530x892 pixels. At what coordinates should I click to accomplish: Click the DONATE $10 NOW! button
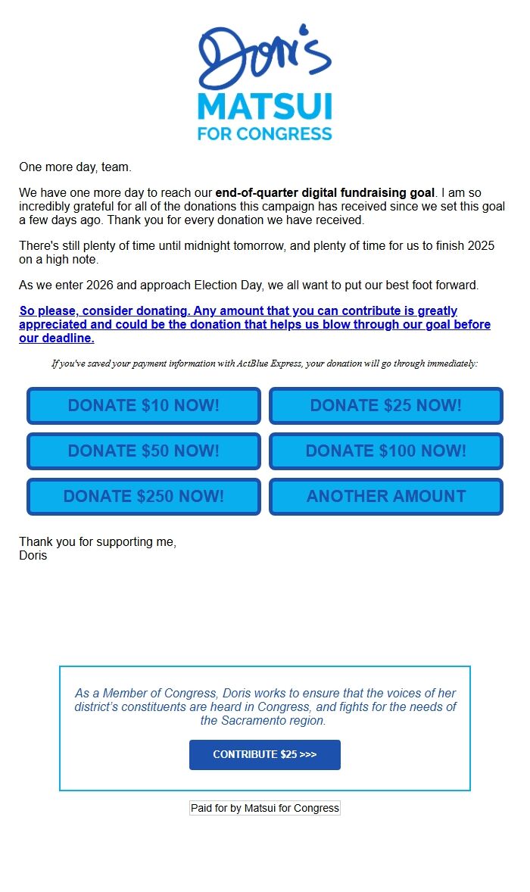(144, 406)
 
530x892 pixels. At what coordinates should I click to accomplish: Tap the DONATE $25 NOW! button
(386, 406)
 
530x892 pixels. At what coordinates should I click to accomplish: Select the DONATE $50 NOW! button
(144, 451)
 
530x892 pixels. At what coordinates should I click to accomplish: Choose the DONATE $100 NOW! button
(386, 451)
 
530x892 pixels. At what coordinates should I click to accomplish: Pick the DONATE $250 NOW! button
(144, 497)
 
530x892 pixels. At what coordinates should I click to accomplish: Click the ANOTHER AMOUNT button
(386, 497)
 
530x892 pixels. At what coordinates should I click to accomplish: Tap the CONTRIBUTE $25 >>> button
(265, 755)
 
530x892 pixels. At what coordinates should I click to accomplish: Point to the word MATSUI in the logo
(265, 107)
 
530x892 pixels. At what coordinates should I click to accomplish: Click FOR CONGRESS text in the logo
(265, 134)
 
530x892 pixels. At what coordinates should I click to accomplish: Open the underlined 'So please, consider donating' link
(254, 324)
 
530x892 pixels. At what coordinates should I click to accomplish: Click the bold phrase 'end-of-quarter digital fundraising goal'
(325, 193)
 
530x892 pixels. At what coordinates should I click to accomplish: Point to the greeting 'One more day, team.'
(75, 167)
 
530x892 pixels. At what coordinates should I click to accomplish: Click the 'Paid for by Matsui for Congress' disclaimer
(265, 808)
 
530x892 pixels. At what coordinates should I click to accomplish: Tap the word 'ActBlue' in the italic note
(254, 363)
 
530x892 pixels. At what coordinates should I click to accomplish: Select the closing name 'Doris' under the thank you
(33, 556)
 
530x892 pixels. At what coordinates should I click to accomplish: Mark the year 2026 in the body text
(101, 285)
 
